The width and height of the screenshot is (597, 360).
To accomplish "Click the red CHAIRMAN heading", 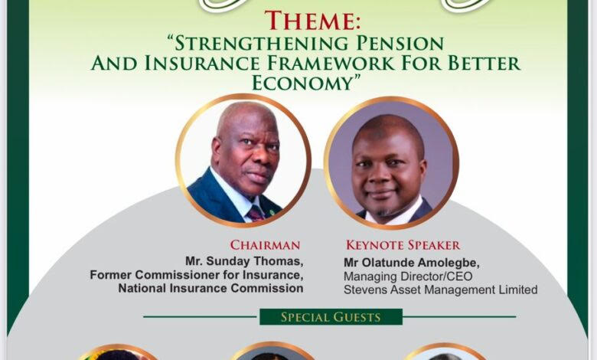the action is click(265, 245).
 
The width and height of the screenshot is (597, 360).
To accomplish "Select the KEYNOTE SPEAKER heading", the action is click(403, 245).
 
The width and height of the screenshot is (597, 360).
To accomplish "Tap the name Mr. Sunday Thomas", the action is click(244, 261).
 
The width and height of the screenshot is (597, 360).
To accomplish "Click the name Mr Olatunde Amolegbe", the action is click(412, 263).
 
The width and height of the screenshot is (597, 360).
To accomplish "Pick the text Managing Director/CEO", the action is click(408, 277).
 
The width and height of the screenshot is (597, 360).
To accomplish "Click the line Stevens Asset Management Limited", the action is click(441, 290).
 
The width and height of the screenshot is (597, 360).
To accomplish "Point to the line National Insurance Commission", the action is click(210, 288).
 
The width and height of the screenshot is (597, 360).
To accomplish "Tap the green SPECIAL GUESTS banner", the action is click(331, 317).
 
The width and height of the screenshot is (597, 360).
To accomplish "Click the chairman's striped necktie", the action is click(256, 213).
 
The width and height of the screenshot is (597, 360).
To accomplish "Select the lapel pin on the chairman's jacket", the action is click(272, 211).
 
